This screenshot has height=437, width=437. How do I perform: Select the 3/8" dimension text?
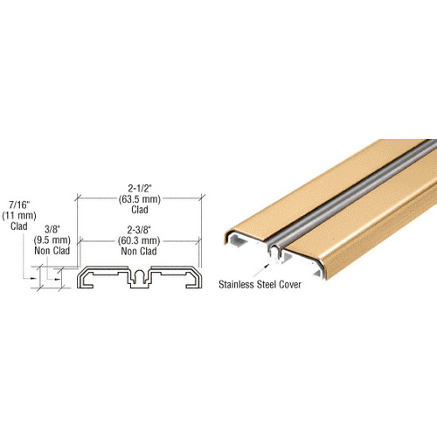[53, 231]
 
